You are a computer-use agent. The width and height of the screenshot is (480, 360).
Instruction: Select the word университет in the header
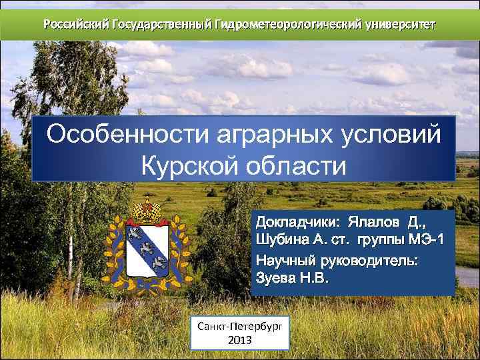click(x=400, y=25)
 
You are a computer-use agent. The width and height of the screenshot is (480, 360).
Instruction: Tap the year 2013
click(x=240, y=340)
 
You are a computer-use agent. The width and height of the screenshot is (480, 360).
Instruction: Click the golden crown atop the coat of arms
click(x=147, y=209)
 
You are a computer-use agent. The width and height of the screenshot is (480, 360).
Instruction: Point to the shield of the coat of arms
click(x=148, y=250)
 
